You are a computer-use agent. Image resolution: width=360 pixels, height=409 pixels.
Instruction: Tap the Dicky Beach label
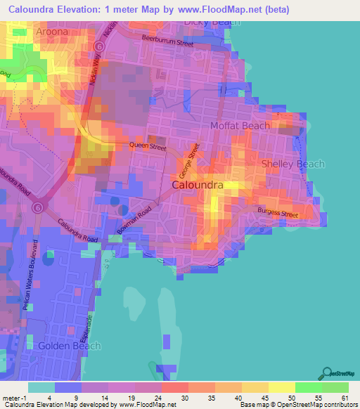click(x=212, y=22)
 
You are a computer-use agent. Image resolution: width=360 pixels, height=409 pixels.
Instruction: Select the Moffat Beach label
click(x=240, y=126)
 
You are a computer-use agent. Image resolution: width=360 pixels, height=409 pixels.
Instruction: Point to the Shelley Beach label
click(x=293, y=164)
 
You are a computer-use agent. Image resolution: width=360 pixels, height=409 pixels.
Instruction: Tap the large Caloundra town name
click(x=198, y=185)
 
